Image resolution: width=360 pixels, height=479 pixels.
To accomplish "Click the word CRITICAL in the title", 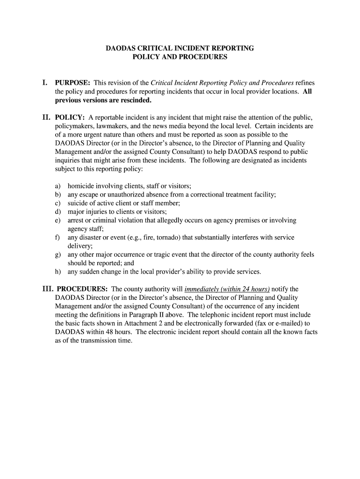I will point(155,48).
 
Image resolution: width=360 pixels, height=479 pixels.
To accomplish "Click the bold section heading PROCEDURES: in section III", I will point(82,289).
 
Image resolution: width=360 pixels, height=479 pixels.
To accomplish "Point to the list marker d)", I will point(58,211).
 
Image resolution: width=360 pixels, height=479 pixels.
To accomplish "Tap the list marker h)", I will point(58,272).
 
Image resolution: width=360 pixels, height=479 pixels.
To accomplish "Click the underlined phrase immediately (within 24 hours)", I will point(227,289).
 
